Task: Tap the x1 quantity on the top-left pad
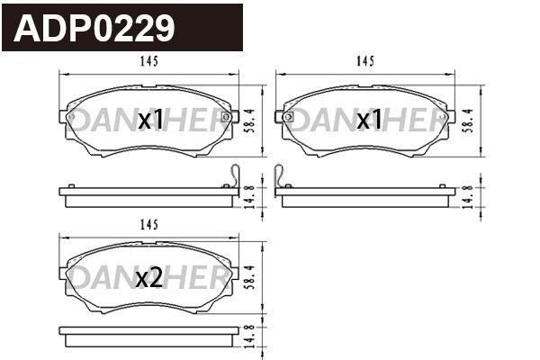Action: [x=150, y=120]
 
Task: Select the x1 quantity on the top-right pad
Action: [x=369, y=120]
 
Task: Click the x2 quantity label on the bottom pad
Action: [x=148, y=280]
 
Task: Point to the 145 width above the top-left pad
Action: [x=149, y=61]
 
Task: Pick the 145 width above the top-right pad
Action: [x=364, y=61]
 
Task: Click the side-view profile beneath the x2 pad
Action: [x=148, y=334]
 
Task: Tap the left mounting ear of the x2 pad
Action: [x=66, y=266]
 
